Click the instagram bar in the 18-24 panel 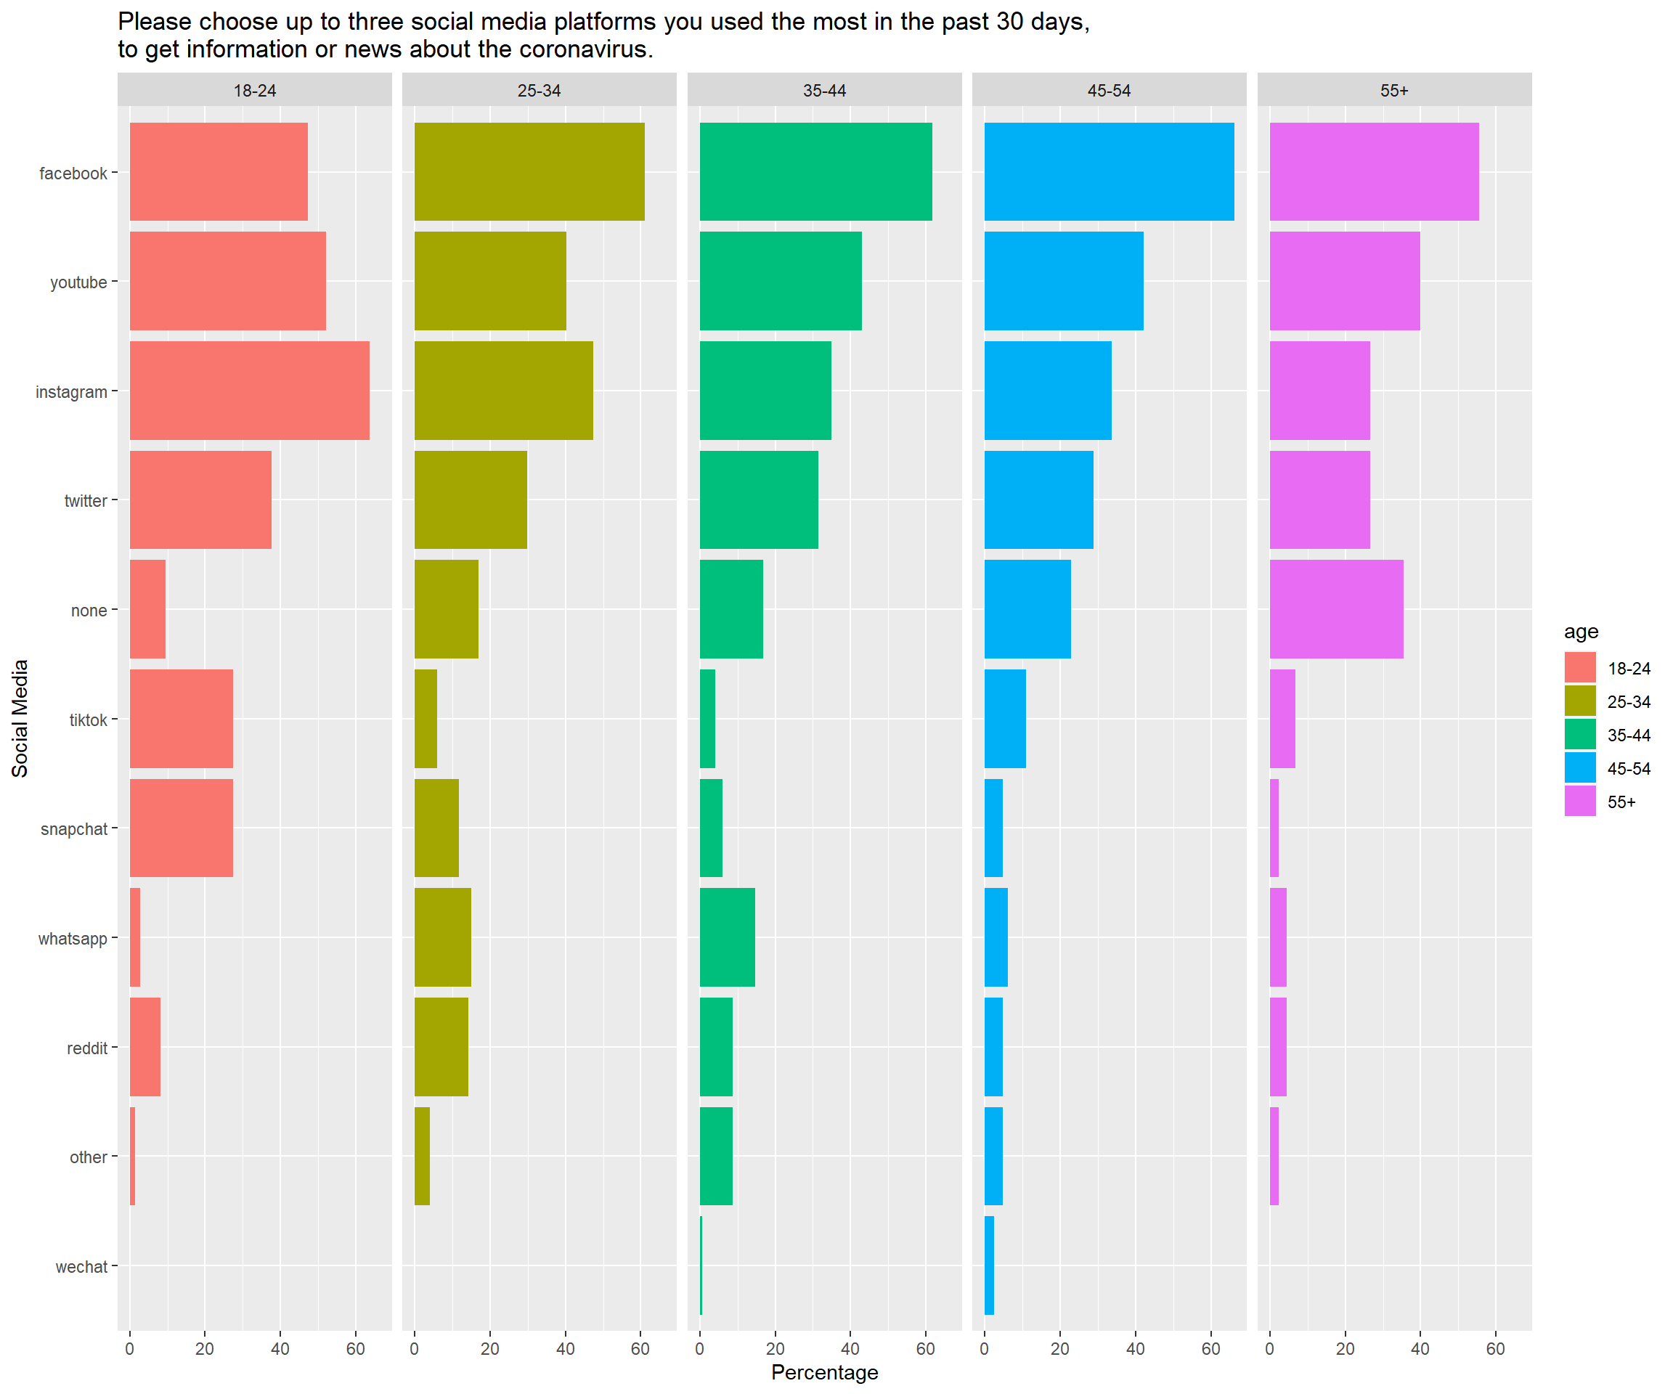tap(249, 391)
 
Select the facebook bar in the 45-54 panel tap(1109, 171)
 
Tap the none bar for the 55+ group tap(1336, 609)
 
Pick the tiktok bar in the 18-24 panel tap(181, 719)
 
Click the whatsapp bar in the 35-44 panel tap(727, 937)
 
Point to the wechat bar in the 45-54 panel tap(990, 1265)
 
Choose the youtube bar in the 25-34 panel tap(490, 280)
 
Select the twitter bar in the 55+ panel tap(1319, 500)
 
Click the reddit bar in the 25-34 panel tap(441, 1047)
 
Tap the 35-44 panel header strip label tap(825, 91)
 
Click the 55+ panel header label tap(1394, 91)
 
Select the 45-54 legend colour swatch tap(1580, 768)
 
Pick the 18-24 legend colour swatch tap(1580, 667)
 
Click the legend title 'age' tap(1581, 632)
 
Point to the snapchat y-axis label tap(73, 829)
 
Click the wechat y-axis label tap(81, 1266)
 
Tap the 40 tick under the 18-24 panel tap(280, 1348)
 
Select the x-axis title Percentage tap(825, 1372)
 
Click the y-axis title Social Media tap(20, 719)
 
